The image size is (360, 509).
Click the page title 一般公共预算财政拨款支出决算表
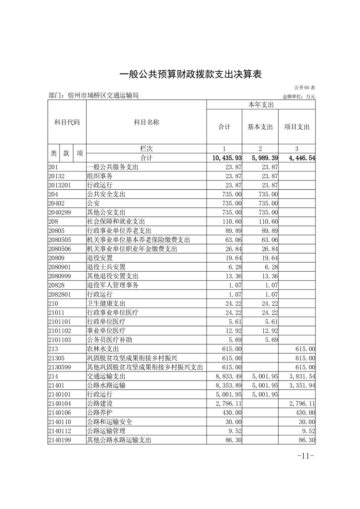(191, 74)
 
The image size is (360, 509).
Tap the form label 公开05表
(305, 88)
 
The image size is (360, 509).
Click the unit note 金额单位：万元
(299, 96)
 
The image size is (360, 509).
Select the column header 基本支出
(260, 127)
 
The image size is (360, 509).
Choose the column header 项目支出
(297, 127)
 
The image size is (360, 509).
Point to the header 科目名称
(146, 122)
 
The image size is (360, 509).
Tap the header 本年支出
(261, 105)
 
